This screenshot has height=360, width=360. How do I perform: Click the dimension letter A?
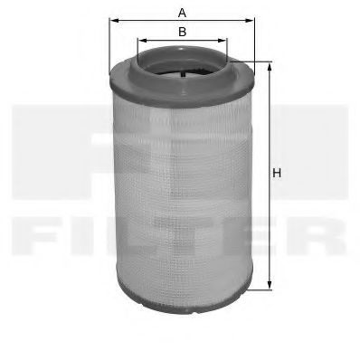point(182,12)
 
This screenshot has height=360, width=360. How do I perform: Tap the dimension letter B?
point(182,32)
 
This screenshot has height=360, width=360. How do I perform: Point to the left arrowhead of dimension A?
point(113,20)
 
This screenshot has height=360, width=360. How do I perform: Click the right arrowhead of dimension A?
point(251,20)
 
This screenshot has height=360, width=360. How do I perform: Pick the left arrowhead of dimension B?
point(143,41)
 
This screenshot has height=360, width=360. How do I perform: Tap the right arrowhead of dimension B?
point(221,41)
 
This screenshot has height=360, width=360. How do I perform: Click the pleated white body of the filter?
point(182,181)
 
